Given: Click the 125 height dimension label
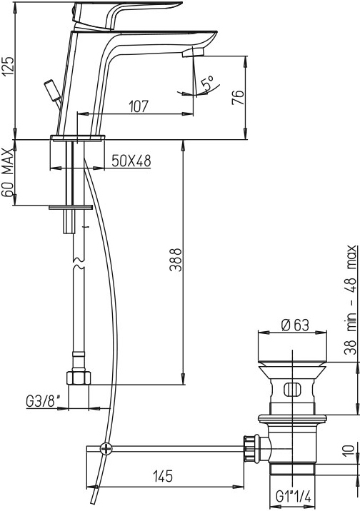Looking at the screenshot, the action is tap(9, 66).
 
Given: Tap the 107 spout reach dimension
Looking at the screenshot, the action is tap(139, 106).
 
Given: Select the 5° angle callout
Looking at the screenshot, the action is tap(208, 84).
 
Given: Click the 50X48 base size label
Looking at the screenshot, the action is tap(131, 161).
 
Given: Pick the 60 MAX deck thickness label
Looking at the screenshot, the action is tap(7, 172).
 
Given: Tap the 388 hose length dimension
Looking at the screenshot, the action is tap(176, 260).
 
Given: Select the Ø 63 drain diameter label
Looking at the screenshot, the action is tap(295, 325).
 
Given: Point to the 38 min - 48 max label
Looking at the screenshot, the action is tap(351, 300).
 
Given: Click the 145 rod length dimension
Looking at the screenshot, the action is tap(163, 477).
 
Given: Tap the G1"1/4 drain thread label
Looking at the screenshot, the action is tap(294, 497).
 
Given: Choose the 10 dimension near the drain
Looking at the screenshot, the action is tap(349, 450).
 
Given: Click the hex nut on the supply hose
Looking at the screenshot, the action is tap(79, 378).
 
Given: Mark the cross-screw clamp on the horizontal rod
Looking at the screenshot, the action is tap(106, 449).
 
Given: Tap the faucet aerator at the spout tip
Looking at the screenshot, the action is tap(193, 52).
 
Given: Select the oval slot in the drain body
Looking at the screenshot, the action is tap(292, 389).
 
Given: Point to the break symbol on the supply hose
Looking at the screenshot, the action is tap(79, 263).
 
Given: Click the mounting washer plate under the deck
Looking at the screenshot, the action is tap(71, 207).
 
